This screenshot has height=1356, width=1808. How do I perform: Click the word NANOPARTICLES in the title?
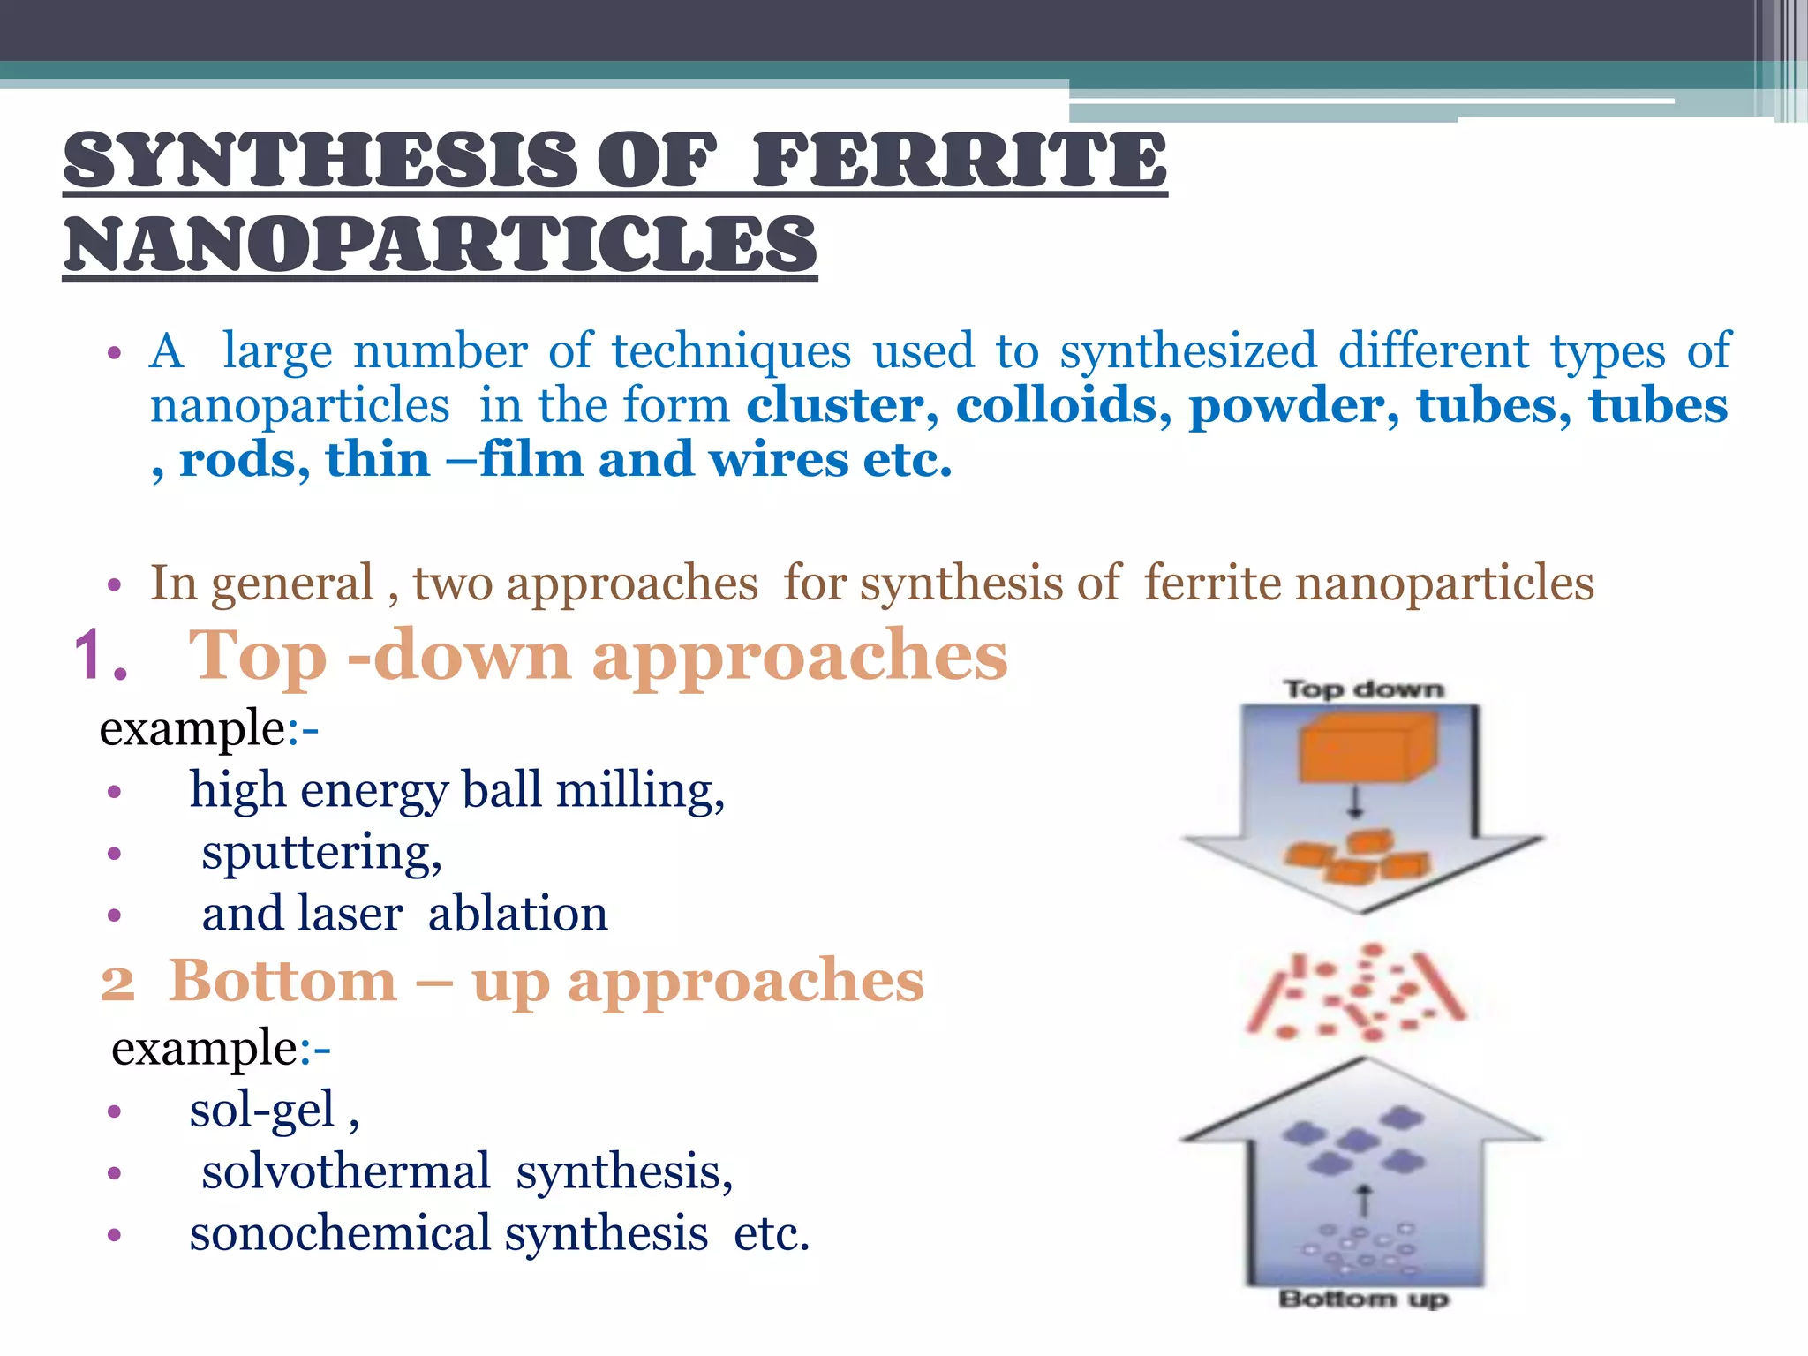(x=440, y=245)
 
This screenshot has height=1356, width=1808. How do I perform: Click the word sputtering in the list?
(x=320, y=854)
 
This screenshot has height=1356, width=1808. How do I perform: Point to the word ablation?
(x=517, y=914)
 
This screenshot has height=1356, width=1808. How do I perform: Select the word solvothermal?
(x=345, y=1172)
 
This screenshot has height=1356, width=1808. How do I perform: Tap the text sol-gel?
(x=262, y=1111)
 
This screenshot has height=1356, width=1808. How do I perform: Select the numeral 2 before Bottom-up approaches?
(x=117, y=983)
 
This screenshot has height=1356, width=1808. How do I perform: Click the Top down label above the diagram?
(x=1363, y=689)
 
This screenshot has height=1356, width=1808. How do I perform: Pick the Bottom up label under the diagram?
(x=1363, y=1299)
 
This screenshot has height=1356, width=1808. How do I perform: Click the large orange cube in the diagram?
(x=1365, y=749)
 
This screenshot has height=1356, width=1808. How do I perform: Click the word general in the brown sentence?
(x=292, y=584)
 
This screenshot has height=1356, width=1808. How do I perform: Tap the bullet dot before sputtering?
(x=114, y=854)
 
